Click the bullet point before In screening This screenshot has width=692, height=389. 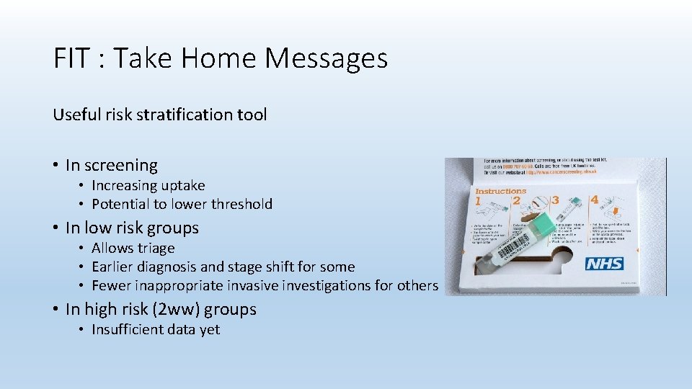pos(56,165)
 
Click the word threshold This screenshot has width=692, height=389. pos(242,204)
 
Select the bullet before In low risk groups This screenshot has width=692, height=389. pos(56,228)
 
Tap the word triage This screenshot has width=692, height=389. pos(158,248)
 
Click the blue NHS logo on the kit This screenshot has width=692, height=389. pos(604,264)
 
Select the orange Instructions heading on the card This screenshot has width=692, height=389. pos(500,192)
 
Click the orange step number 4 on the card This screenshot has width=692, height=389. pos(594,200)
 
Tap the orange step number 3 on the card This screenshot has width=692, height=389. pos(555,199)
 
